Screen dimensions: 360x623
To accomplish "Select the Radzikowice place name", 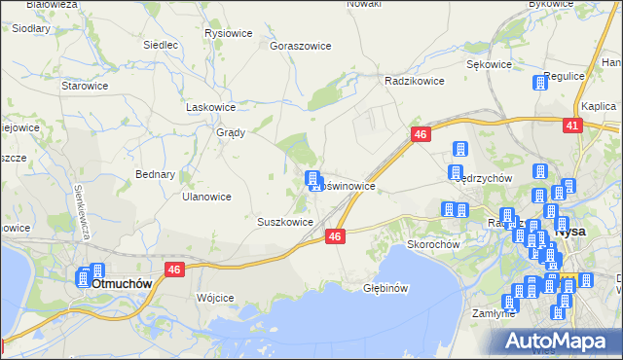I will tap(415, 81).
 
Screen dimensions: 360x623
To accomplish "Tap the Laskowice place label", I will tap(211, 108).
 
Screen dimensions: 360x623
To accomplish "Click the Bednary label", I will tap(155, 175).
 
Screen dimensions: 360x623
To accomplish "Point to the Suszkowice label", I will tap(284, 222).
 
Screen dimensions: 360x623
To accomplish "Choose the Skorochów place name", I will tap(433, 244).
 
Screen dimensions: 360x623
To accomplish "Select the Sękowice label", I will tap(489, 64).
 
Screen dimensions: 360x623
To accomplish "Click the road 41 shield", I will tap(572, 126).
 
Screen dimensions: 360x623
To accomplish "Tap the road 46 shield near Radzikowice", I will tap(421, 135).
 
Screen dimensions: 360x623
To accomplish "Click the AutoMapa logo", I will tap(562, 340).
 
